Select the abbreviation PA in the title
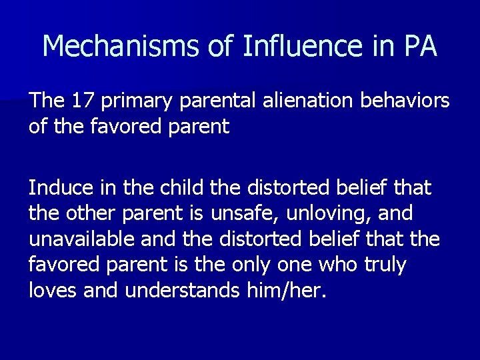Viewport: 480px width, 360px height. point(420,47)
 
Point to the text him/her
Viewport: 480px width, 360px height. point(291,291)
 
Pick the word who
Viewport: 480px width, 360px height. point(339,265)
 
